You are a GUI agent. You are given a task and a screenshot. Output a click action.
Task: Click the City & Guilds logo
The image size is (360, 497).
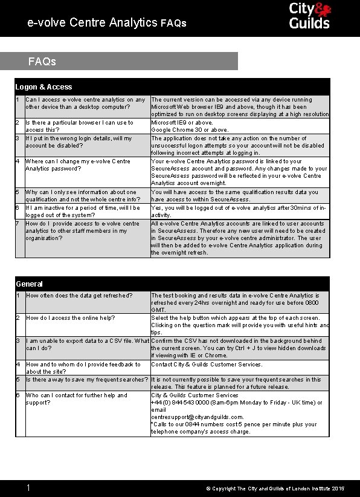(309, 16)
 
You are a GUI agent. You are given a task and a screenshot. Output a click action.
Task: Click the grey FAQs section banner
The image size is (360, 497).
(119, 61)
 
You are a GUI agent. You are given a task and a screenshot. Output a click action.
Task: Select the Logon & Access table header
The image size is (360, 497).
(43, 87)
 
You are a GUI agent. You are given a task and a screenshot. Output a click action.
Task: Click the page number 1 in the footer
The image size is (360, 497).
(28, 487)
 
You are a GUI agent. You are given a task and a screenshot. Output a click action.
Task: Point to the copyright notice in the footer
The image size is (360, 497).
(275, 488)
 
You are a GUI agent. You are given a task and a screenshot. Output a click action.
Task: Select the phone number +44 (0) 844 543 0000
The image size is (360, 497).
(181, 403)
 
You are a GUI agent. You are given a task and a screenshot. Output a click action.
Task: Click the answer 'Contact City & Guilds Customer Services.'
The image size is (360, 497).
(207, 365)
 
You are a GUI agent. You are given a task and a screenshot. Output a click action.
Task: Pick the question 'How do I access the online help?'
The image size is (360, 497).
(70, 318)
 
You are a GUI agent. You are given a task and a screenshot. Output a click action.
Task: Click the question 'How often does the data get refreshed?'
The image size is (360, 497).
(79, 296)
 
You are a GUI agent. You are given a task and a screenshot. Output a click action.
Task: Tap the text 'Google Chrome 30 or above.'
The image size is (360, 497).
(190, 130)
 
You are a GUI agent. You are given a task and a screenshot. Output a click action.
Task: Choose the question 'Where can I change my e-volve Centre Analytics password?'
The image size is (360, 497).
(78, 165)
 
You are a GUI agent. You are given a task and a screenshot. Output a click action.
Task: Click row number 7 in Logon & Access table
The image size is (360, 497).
(18, 224)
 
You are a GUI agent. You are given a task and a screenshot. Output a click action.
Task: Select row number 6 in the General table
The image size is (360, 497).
(18, 395)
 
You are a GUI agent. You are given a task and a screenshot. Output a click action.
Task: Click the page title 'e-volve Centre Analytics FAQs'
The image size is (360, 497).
(107, 23)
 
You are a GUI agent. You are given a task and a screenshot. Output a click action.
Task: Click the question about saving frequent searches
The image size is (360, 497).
(87, 380)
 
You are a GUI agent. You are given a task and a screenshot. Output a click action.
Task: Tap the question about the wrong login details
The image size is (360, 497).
(79, 141)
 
